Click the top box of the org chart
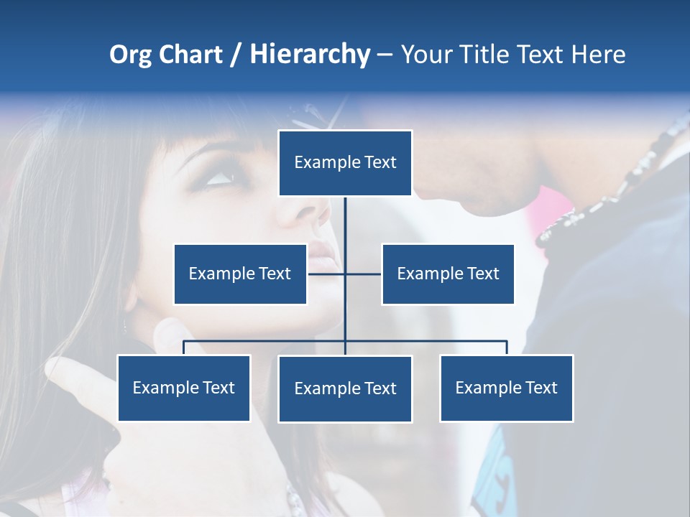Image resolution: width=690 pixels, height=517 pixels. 345,163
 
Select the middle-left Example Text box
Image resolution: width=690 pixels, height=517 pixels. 240,274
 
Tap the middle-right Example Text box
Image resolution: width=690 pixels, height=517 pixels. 448,274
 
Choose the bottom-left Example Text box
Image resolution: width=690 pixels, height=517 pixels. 184,388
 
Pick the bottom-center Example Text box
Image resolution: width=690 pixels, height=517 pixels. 345,388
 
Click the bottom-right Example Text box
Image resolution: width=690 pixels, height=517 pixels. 506,388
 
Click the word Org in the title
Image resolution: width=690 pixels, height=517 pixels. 130,55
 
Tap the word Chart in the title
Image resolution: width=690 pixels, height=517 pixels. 190,55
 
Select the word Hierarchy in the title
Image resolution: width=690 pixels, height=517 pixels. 310,55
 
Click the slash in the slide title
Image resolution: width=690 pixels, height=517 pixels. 236,55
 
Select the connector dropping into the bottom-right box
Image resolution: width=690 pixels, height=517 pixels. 507,348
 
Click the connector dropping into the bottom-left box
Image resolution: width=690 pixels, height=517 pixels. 184,348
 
